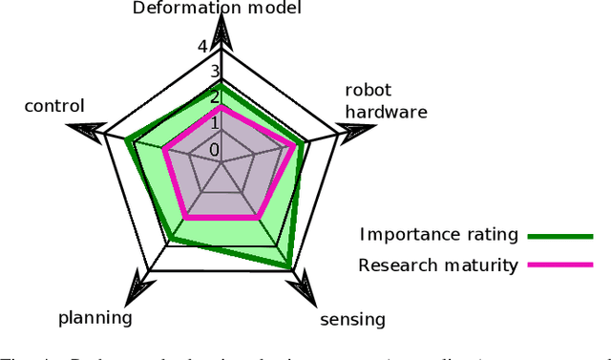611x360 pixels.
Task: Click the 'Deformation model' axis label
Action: pos(217,10)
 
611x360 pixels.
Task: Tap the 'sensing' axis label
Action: pos(352,319)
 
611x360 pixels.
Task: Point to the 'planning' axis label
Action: pos(95,317)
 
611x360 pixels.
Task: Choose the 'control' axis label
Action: pos(54,106)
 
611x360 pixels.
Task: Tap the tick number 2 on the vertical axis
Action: pos(215,96)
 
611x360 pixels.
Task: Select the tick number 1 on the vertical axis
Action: pos(215,123)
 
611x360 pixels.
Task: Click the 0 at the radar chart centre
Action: pos(215,150)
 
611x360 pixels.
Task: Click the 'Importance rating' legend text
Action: pos(439,235)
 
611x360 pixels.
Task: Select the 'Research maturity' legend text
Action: pos(438,265)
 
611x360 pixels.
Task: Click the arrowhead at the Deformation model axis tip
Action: pos(221,36)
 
